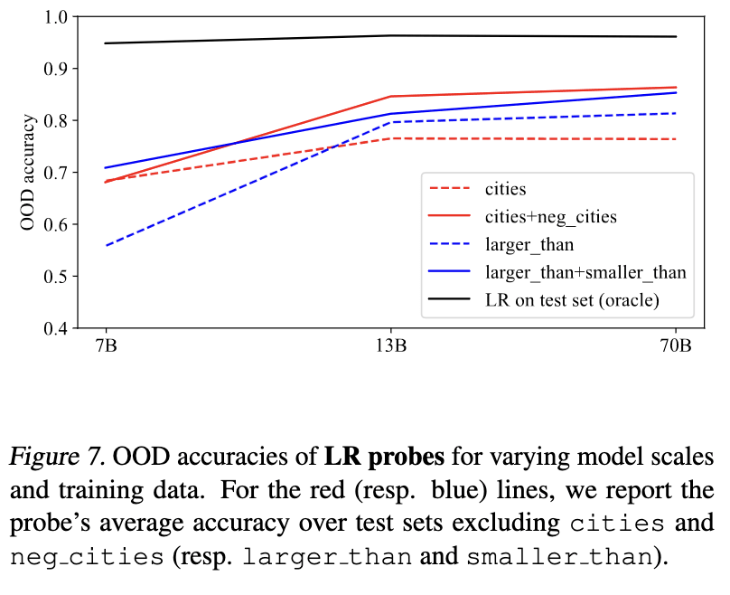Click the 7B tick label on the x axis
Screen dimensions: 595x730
pyautogui.click(x=106, y=347)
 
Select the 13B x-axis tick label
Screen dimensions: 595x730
pyautogui.click(x=391, y=347)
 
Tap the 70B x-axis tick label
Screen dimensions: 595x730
pyautogui.click(x=676, y=347)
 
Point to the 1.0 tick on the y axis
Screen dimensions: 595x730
pyautogui.click(x=56, y=17)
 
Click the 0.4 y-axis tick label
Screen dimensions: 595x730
pyautogui.click(x=56, y=328)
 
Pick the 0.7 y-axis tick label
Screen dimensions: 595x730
pyautogui.click(x=56, y=173)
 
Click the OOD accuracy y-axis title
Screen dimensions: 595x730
pyautogui.click(x=30, y=172)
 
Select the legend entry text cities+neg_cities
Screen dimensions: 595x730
pyautogui.click(x=550, y=217)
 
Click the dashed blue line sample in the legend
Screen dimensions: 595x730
pyautogui.click(x=453, y=244)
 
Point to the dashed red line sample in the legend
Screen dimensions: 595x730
pyautogui.click(x=453, y=190)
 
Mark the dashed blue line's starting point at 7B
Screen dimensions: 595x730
pyautogui.click(x=106, y=246)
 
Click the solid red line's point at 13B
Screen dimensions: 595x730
pyautogui.click(x=391, y=96)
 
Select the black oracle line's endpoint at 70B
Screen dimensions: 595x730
pyautogui.click(x=676, y=36)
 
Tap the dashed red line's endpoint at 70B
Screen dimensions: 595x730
pyautogui.click(x=676, y=139)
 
